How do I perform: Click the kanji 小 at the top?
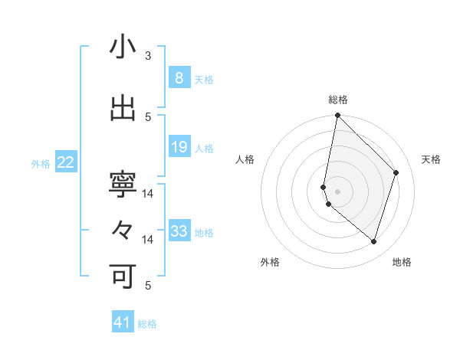point(123,47)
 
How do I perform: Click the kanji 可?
point(123,276)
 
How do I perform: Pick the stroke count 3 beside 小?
point(148,56)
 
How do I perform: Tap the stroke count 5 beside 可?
point(148,286)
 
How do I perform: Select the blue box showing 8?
point(179,78)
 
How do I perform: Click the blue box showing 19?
point(179,147)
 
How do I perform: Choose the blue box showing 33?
point(179,231)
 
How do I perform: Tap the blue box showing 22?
point(65,162)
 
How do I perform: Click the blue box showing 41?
point(123,322)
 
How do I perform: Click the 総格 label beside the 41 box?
point(147,324)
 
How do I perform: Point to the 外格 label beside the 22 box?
point(41,163)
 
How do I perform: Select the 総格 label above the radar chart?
point(337,100)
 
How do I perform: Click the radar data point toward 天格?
point(396,172)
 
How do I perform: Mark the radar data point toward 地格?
point(373,241)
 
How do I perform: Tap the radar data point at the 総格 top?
point(337,116)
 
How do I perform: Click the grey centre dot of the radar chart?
point(337,191)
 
